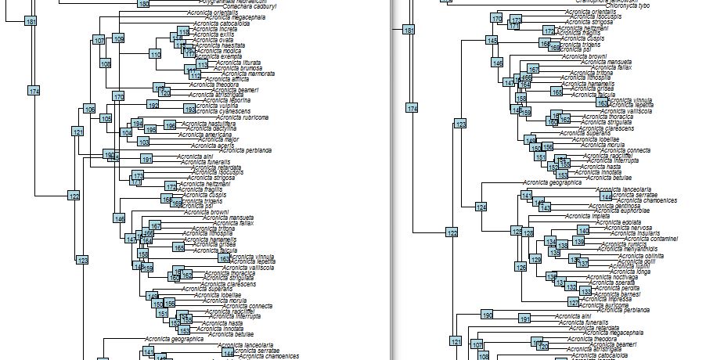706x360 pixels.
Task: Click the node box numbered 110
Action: pyautogui.click(x=155, y=54)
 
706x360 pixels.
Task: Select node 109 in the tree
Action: pyautogui.click(x=118, y=38)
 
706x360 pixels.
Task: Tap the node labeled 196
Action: pyautogui.click(x=170, y=126)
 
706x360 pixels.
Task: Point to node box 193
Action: pyautogui.click(x=190, y=109)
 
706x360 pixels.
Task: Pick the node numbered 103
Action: pyautogui.click(x=143, y=142)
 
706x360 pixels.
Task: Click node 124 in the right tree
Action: pyautogui.click(x=481, y=207)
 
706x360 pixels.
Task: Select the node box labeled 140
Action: pyautogui.click(x=583, y=230)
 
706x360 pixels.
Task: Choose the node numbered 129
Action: pyautogui.click(x=535, y=259)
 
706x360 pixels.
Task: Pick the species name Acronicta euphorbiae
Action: pyautogui.click(x=624, y=211)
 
